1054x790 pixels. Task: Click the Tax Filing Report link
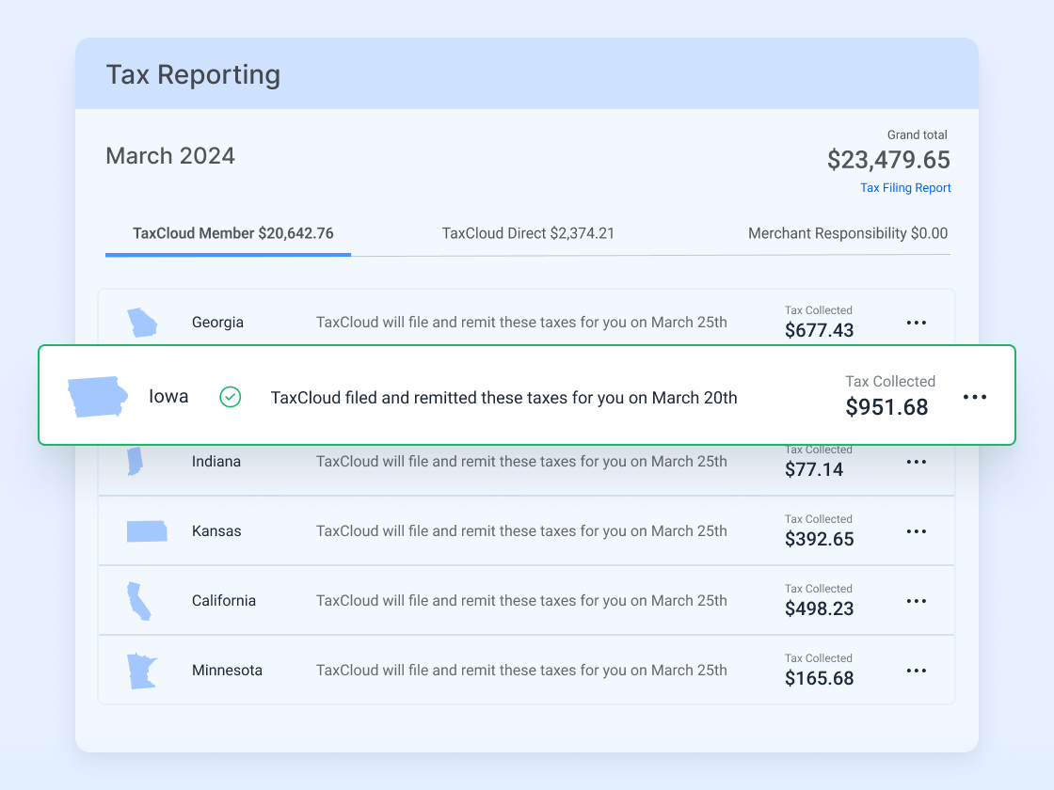(905, 188)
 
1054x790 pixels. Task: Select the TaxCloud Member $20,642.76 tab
(232, 233)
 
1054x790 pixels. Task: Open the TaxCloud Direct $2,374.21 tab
(528, 233)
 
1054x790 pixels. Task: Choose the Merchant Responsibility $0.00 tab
(848, 233)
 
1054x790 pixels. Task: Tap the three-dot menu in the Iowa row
(975, 397)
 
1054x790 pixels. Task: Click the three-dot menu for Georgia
(917, 323)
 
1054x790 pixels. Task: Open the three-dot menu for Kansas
(917, 531)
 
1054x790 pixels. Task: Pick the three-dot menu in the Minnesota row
(917, 671)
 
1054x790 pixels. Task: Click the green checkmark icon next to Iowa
(231, 397)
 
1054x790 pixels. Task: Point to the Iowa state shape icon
(97, 397)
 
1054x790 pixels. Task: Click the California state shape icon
(139, 601)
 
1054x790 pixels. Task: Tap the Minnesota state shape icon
(141, 671)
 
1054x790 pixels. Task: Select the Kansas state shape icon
(147, 531)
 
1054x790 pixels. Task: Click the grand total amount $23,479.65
(888, 161)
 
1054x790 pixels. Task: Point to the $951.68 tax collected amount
(886, 407)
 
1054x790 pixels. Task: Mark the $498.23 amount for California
(819, 608)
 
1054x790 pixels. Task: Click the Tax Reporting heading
(193, 74)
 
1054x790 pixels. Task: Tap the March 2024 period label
(170, 156)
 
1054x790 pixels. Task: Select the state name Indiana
(216, 462)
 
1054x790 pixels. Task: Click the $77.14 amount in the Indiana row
(814, 469)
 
